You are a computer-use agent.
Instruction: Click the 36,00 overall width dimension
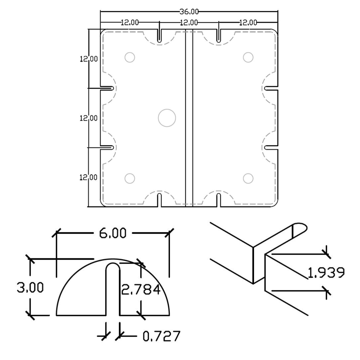click(x=189, y=12)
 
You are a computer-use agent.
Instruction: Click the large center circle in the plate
click(x=167, y=118)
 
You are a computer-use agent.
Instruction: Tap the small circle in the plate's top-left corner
click(x=130, y=57)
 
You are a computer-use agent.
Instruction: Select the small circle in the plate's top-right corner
click(x=248, y=57)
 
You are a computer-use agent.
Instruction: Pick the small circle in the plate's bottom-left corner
click(x=130, y=179)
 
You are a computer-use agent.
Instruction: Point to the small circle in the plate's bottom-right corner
click(x=248, y=179)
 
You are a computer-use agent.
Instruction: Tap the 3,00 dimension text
click(x=30, y=287)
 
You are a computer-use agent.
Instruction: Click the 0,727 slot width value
click(x=162, y=336)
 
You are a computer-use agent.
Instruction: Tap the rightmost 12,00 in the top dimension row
click(x=248, y=23)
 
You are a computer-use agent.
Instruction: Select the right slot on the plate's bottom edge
click(x=218, y=200)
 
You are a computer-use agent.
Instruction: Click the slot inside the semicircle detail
click(x=113, y=288)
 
